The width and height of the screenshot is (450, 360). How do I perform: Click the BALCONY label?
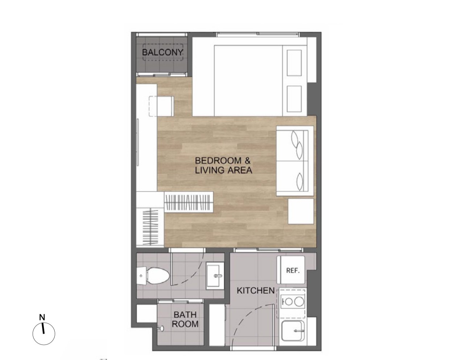click(162, 52)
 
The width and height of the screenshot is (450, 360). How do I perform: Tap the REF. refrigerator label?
click(293, 270)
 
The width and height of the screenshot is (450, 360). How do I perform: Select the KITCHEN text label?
click(256, 291)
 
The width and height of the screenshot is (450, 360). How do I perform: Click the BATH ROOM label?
click(185, 319)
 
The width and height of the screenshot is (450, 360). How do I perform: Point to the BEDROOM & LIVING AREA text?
click(223, 165)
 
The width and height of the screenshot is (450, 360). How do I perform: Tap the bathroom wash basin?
click(215, 276)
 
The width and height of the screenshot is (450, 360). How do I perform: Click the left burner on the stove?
click(289, 302)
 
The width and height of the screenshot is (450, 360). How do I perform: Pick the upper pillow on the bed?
click(294, 63)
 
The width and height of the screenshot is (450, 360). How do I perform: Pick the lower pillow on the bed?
click(294, 99)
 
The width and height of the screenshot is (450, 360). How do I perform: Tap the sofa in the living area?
click(295, 161)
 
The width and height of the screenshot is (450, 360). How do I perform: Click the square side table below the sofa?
click(301, 211)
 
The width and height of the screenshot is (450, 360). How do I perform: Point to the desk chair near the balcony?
click(161, 106)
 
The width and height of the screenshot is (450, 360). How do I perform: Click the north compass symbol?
click(44, 334)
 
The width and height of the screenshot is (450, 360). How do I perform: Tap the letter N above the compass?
click(42, 317)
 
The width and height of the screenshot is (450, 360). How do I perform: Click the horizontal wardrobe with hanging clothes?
click(189, 202)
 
